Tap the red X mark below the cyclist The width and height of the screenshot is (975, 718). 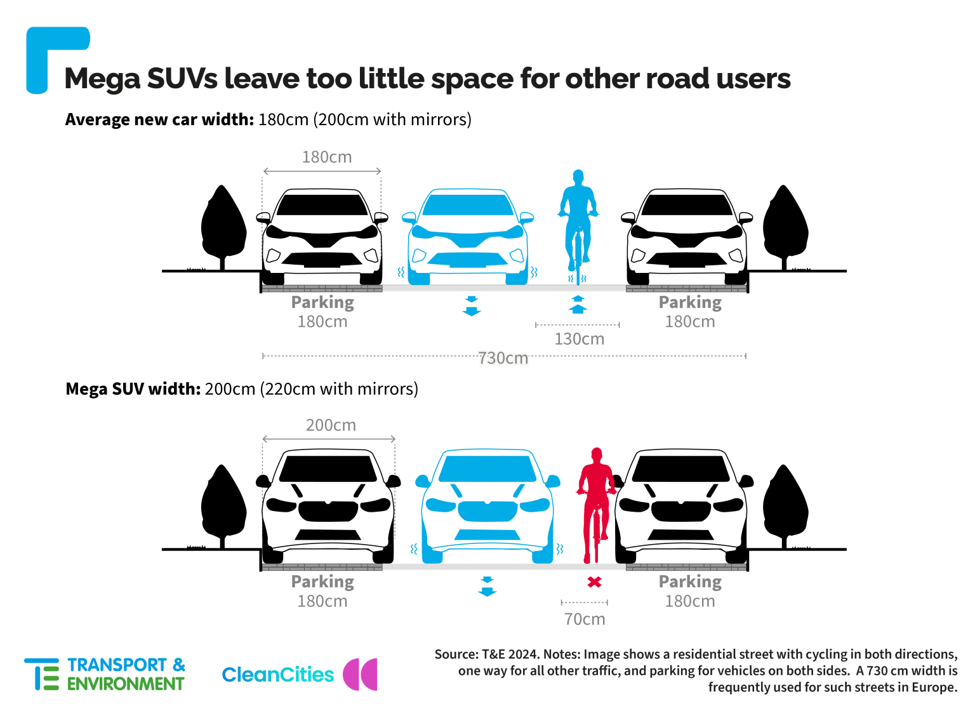click(x=595, y=582)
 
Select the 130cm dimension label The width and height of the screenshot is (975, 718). click(x=580, y=339)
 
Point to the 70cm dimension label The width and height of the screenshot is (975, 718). click(x=585, y=619)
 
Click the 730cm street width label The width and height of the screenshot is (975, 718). click(x=503, y=358)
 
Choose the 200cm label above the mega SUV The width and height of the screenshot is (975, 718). click(x=331, y=425)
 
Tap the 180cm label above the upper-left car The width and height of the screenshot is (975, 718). click(x=327, y=157)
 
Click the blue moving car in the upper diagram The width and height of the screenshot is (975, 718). click(x=468, y=237)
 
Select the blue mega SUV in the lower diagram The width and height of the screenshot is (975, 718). click(x=487, y=507)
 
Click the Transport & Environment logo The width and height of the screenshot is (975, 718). click(x=105, y=674)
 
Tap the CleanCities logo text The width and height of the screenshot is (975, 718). click(x=277, y=675)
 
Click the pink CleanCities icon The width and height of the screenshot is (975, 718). click(x=360, y=674)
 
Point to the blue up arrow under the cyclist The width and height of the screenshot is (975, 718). click(x=578, y=304)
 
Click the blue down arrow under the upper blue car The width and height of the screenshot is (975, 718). click(x=472, y=306)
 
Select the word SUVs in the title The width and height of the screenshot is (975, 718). click(x=182, y=79)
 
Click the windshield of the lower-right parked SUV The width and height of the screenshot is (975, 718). click(x=680, y=468)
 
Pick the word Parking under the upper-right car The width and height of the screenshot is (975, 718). click(x=690, y=303)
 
